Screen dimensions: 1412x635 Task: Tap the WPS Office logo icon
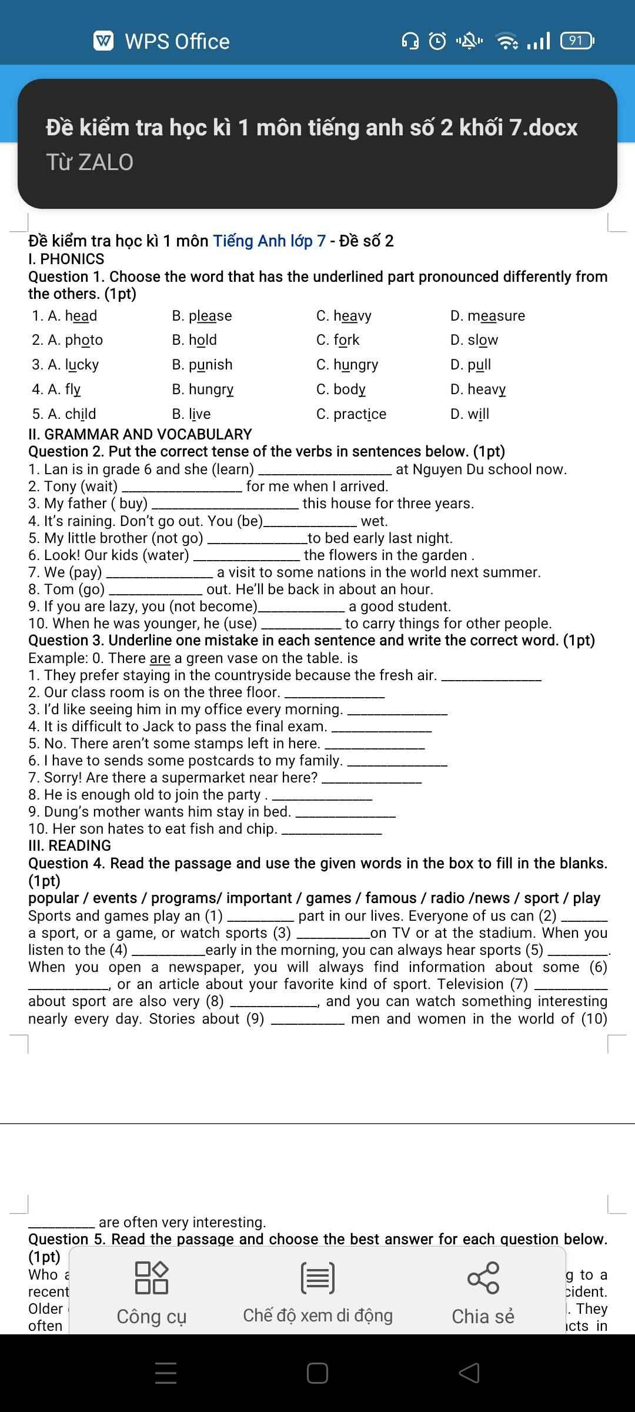pyautogui.click(x=104, y=41)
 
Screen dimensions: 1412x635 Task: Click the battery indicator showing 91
pyautogui.click(x=577, y=41)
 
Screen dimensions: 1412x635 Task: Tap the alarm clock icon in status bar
pyautogui.click(x=437, y=41)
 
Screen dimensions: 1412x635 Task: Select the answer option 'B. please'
pyautogui.click(x=202, y=316)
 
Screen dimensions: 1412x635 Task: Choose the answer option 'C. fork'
pyautogui.click(x=337, y=340)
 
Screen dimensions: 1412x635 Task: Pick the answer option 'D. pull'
pyautogui.click(x=470, y=365)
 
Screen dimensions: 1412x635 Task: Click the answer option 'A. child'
pyautogui.click(x=64, y=414)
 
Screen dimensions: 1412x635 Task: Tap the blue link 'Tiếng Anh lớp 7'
pyautogui.click(x=269, y=241)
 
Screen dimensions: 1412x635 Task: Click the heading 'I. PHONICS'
pyautogui.click(x=66, y=259)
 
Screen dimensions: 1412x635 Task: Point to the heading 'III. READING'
pyautogui.click(x=69, y=845)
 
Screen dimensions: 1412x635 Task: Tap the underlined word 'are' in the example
pyautogui.click(x=160, y=658)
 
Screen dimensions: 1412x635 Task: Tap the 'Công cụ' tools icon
pyautogui.click(x=152, y=1278)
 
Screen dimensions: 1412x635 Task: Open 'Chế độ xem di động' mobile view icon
pyautogui.click(x=317, y=1278)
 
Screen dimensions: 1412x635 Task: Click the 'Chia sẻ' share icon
pyautogui.click(x=483, y=1278)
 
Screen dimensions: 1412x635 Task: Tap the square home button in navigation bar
pyautogui.click(x=317, y=1373)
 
